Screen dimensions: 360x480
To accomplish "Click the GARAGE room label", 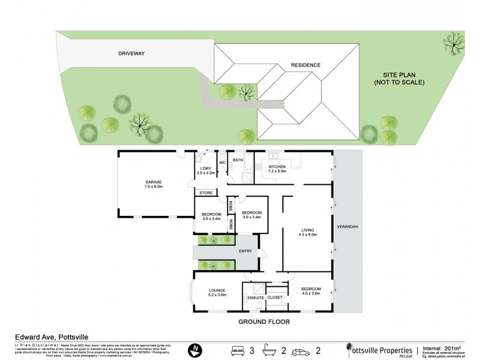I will pyautogui.click(x=153, y=182).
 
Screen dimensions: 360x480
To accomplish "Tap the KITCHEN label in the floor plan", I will pyautogui.click(x=277, y=166).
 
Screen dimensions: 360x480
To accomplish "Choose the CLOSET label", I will pyautogui.click(x=275, y=297).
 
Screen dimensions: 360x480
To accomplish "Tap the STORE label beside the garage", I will pyautogui.click(x=206, y=193).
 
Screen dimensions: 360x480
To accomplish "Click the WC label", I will pyautogui.click(x=221, y=163).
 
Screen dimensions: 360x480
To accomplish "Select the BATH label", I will pyautogui.click(x=238, y=160).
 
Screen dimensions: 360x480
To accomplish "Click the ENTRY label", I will pyautogui.click(x=245, y=251).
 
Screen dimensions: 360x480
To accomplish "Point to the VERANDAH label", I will pyautogui.click(x=348, y=227).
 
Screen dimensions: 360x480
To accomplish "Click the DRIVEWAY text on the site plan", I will pyautogui.click(x=131, y=53).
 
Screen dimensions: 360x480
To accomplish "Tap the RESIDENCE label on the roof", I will pyautogui.click(x=305, y=65).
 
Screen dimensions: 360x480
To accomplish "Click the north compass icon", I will pyautogui.click(x=194, y=350).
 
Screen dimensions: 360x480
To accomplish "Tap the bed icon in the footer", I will pyautogui.click(x=238, y=350).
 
